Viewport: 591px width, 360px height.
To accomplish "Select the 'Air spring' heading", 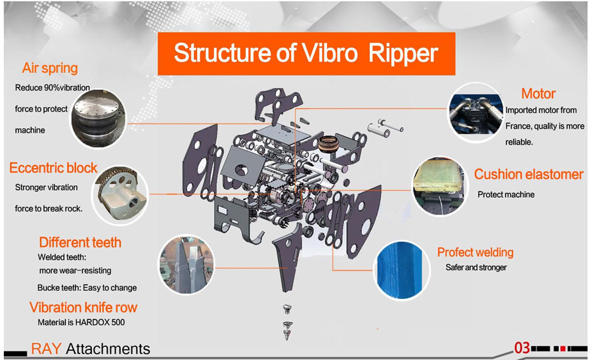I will click(50, 68).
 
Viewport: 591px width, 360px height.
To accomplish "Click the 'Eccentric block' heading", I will click(53, 168).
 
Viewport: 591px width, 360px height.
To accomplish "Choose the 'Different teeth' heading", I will click(80, 242).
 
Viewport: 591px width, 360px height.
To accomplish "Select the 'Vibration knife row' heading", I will click(83, 307).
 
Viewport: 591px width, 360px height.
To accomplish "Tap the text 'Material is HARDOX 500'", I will click(81, 323).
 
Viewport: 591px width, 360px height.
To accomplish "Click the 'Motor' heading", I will click(538, 94).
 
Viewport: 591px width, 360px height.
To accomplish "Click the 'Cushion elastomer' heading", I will click(529, 174).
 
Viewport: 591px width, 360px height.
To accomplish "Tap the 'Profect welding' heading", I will click(475, 252).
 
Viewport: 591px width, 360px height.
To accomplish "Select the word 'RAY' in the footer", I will click(47, 349).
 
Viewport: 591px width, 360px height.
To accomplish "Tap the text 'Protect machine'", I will click(506, 194).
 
